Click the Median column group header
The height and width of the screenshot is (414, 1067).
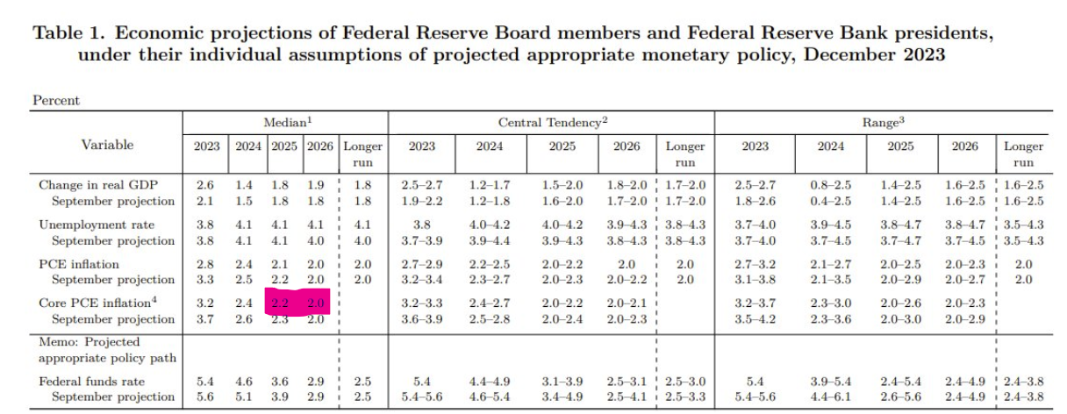(x=284, y=124)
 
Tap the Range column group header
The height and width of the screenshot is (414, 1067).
(x=882, y=124)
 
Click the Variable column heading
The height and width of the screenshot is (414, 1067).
(x=108, y=145)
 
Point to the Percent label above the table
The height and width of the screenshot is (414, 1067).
(x=56, y=100)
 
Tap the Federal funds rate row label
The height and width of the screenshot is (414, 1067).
(x=92, y=382)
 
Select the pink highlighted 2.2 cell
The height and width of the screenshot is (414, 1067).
(x=282, y=303)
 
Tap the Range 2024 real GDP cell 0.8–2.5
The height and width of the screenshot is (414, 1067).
(x=830, y=185)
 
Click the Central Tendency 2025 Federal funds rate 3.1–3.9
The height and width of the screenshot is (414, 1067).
(x=562, y=382)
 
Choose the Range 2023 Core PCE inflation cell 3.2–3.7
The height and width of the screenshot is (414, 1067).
(x=755, y=303)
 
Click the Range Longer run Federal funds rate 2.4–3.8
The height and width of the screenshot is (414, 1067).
(x=1023, y=382)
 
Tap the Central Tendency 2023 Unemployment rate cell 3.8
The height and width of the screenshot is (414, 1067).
(x=421, y=225)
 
